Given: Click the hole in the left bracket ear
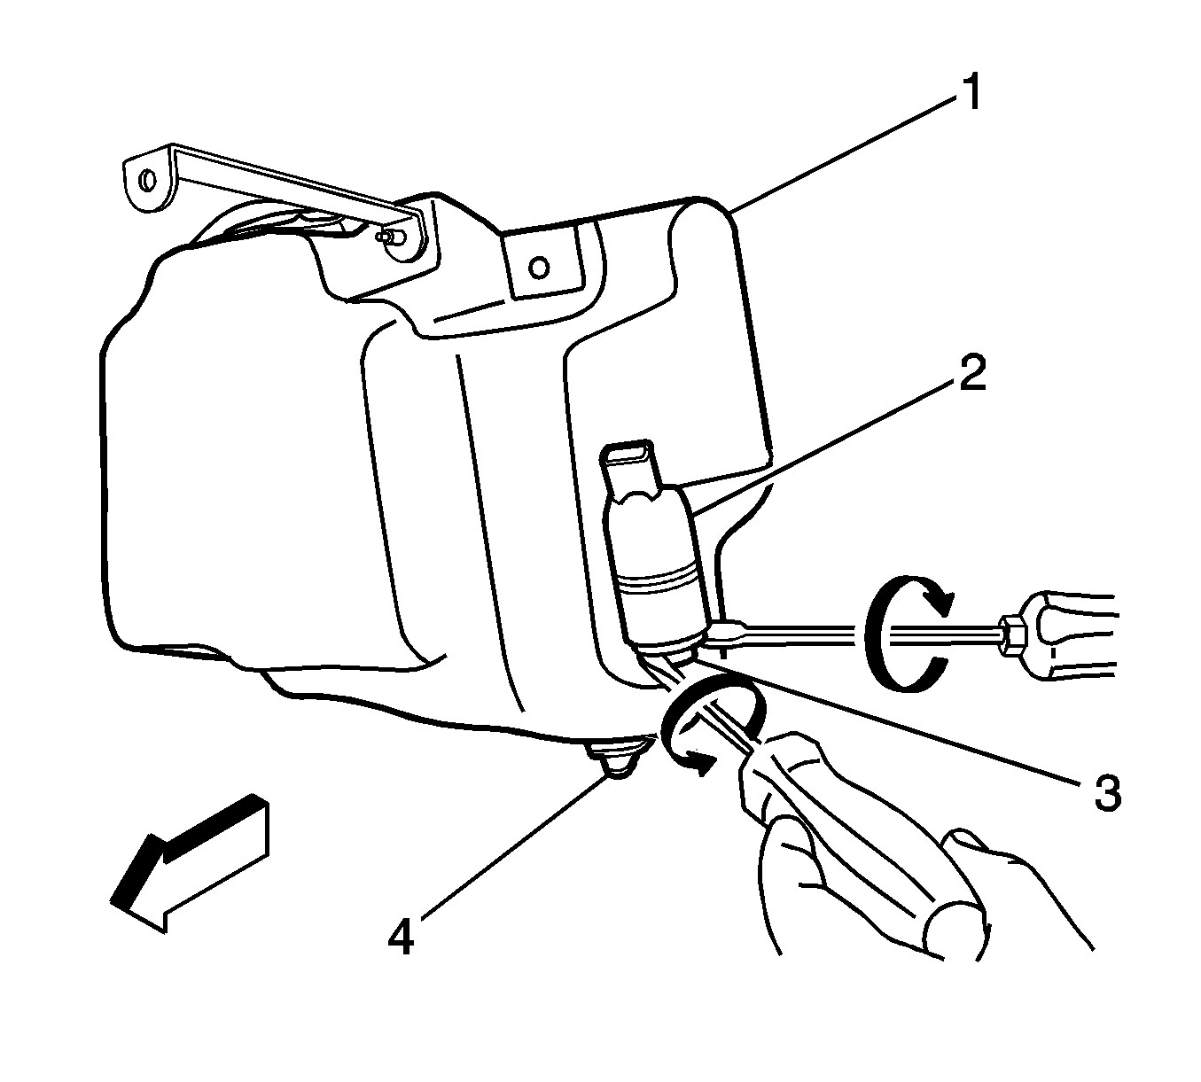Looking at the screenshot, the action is click(x=147, y=180).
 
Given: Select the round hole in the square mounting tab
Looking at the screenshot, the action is click(x=540, y=267).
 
